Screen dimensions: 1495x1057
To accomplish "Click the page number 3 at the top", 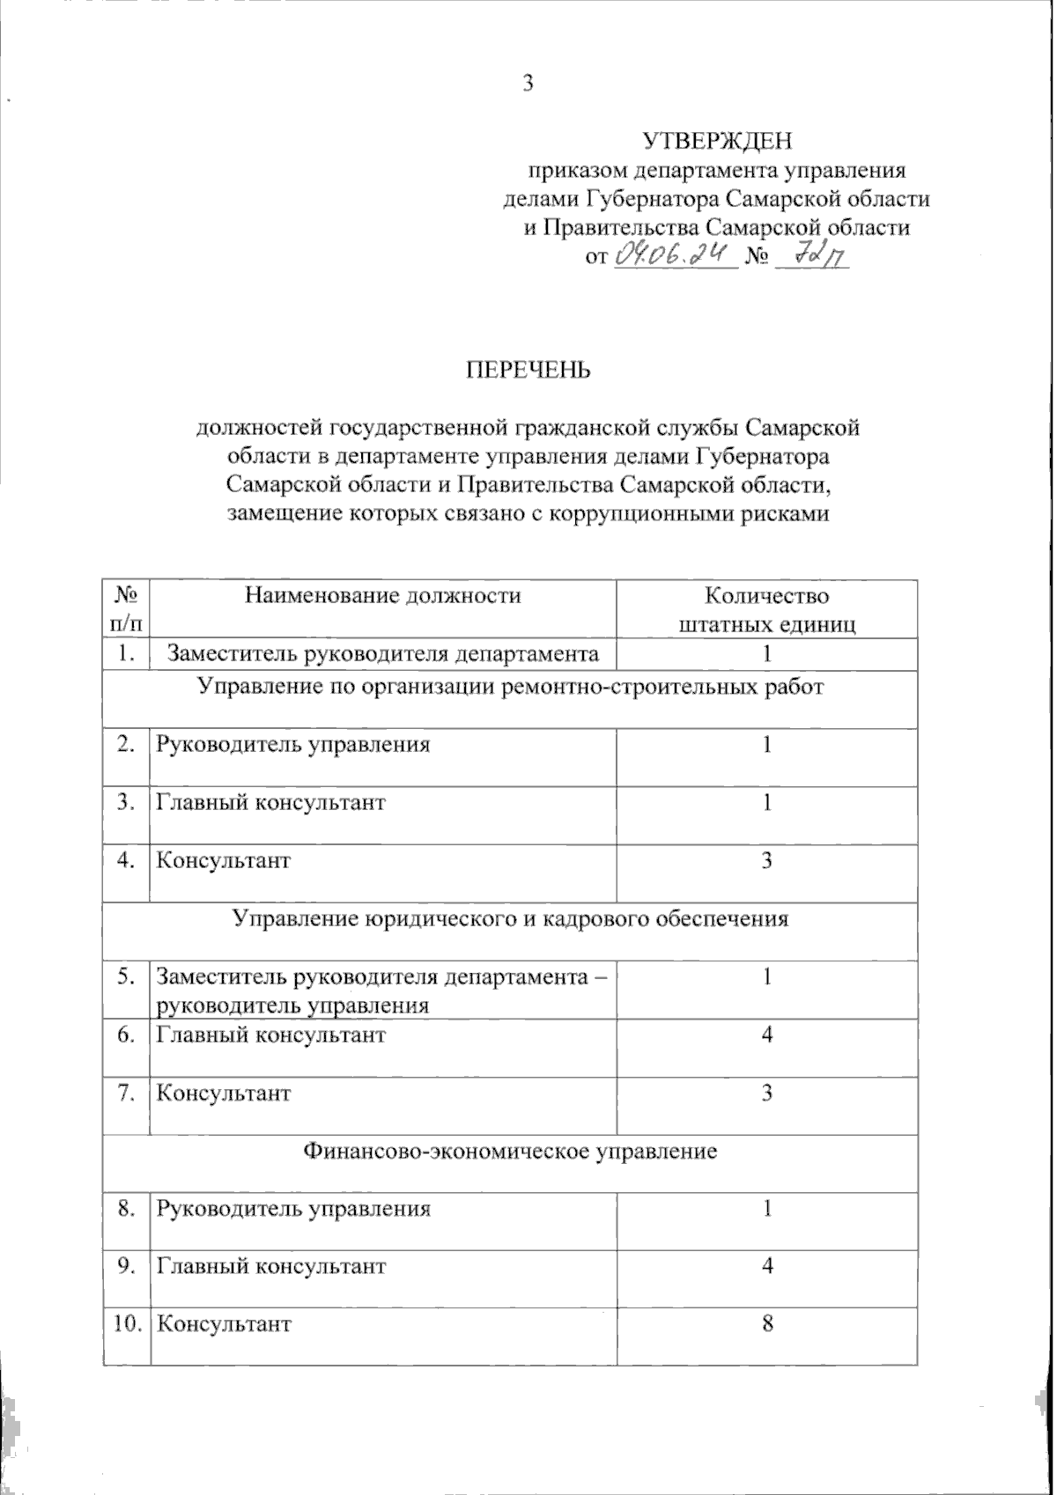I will pyautogui.click(x=528, y=84).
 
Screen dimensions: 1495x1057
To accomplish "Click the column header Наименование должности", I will pyautogui.click(x=383, y=595).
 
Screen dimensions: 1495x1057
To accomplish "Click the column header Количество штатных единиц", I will pyautogui.click(x=767, y=609).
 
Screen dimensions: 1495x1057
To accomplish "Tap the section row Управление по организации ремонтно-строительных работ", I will pyautogui.click(x=511, y=687).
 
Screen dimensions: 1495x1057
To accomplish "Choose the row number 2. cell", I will pyautogui.click(x=126, y=745).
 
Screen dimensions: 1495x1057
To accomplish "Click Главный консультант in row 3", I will pyautogui.click(x=271, y=803).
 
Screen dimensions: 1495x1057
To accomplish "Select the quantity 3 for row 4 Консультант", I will pyautogui.click(x=767, y=861).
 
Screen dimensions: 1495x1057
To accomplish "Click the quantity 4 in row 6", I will pyautogui.click(x=767, y=1035).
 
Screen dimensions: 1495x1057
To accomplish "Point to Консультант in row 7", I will pyautogui.click(x=224, y=1094).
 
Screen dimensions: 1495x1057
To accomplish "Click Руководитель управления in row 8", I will pyautogui.click(x=293, y=1208).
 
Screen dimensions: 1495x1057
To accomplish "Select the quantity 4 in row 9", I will pyautogui.click(x=767, y=1266).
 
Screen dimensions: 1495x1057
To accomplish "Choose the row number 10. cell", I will pyautogui.click(x=126, y=1324).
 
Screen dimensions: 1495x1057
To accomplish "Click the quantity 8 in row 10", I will pyautogui.click(x=767, y=1324).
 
